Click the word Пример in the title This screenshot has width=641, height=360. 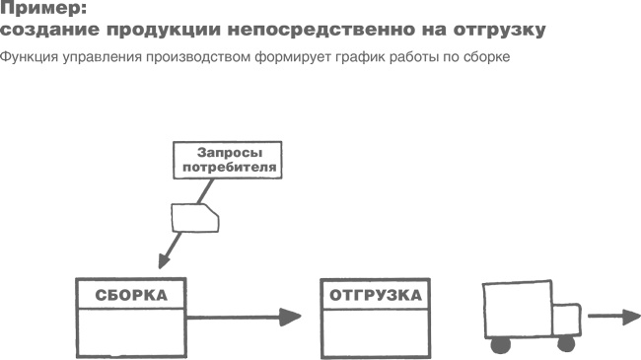[44, 11]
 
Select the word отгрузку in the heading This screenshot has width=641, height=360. [499, 31]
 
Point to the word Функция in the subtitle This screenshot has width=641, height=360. [29, 55]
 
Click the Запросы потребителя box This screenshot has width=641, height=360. [226, 160]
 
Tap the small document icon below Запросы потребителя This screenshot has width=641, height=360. [193, 217]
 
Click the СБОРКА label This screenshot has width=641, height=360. [131, 295]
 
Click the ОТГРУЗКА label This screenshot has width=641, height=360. [376, 295]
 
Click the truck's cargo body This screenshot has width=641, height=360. [515, 310]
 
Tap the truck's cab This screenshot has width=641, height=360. [564, 321]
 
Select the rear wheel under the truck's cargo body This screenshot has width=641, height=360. [501, 345]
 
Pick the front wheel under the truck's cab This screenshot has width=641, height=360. [565, 345]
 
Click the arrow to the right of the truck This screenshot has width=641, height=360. [613, 318]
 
